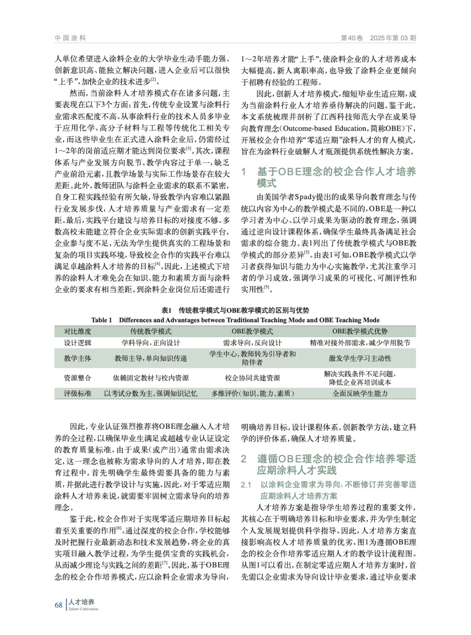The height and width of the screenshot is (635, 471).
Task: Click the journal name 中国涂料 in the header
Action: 70,38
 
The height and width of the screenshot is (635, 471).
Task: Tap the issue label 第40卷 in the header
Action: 352,38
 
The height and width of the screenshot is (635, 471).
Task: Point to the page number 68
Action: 59,605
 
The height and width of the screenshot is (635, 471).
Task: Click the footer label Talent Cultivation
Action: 83,609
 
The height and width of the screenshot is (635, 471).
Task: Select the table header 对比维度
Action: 78,331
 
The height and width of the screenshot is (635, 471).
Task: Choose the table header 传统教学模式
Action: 151,331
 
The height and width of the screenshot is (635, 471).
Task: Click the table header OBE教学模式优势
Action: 360,331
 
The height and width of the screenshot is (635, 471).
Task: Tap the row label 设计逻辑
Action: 78,343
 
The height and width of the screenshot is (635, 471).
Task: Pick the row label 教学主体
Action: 78,358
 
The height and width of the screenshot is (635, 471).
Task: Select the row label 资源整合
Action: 78,378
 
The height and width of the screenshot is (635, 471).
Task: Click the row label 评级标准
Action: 78,393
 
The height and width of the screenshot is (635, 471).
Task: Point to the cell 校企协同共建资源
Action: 252,378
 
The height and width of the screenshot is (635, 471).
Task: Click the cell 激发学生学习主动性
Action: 360,358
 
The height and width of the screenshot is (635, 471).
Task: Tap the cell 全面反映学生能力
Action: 360,393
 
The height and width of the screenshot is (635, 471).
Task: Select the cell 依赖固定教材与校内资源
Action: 151,378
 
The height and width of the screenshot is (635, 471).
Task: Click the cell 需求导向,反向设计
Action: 252,343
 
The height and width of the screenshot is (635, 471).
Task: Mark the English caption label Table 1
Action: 102,320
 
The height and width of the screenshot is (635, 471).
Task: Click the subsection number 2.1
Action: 246,485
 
